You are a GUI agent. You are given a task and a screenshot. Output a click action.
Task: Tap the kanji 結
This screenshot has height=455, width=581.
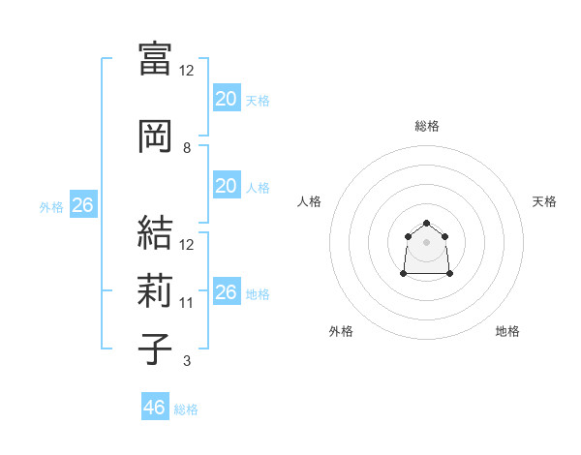pyautogui.click(x=156, y=232)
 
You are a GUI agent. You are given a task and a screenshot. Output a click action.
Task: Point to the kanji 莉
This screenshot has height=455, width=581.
pyautogui.click(x=156, y=290)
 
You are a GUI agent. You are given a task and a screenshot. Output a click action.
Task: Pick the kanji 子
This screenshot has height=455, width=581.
pyautogui.click(x=156, y=349)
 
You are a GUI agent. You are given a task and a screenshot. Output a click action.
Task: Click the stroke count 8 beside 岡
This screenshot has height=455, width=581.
pyautogui.click(x=187, y=148)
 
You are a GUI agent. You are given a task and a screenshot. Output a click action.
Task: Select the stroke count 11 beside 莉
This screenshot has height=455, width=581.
pyautogui.click(x=187, y=303)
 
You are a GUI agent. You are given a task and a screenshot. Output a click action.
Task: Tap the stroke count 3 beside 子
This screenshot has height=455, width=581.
pyautogui.click(x=187, y=362)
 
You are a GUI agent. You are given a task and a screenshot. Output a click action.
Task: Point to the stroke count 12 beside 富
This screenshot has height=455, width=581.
pyautogui.click(x=187, y=71)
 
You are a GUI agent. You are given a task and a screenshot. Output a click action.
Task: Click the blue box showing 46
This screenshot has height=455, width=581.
pyautogui.click(x=155, y=408)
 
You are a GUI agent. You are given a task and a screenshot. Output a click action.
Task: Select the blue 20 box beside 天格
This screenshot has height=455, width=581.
pyautogui.click(x=226, y=98)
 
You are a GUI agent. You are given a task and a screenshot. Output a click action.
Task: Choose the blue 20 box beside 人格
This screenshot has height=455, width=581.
pyautogui.click(x=226, y=186)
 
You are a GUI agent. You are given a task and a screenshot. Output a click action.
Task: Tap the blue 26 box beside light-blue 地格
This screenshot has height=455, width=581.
pyautogui.click(x=226, y=292)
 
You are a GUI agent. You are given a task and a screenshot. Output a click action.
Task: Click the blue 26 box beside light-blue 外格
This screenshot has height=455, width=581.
pyautogui.click(x=82, y=205)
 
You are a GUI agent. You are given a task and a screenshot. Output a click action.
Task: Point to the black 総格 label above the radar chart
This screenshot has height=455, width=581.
pyautogui.click(x=427, y=126)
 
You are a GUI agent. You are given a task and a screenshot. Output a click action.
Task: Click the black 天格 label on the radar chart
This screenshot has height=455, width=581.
pyautogui.click(x=544, y=201)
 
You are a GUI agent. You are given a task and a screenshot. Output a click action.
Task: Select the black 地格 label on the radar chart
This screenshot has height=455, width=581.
pyautogui.click(x=507, y=331)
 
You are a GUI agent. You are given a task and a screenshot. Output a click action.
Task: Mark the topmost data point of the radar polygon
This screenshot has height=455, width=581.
pyautogui.click(x=426, y=224)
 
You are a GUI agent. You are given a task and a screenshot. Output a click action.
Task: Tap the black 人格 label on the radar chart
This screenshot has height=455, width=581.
pyautogui.click(x=310, y=201)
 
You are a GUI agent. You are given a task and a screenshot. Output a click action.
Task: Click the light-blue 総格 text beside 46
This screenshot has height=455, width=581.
pyautogui.click(x=186, y=409)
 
